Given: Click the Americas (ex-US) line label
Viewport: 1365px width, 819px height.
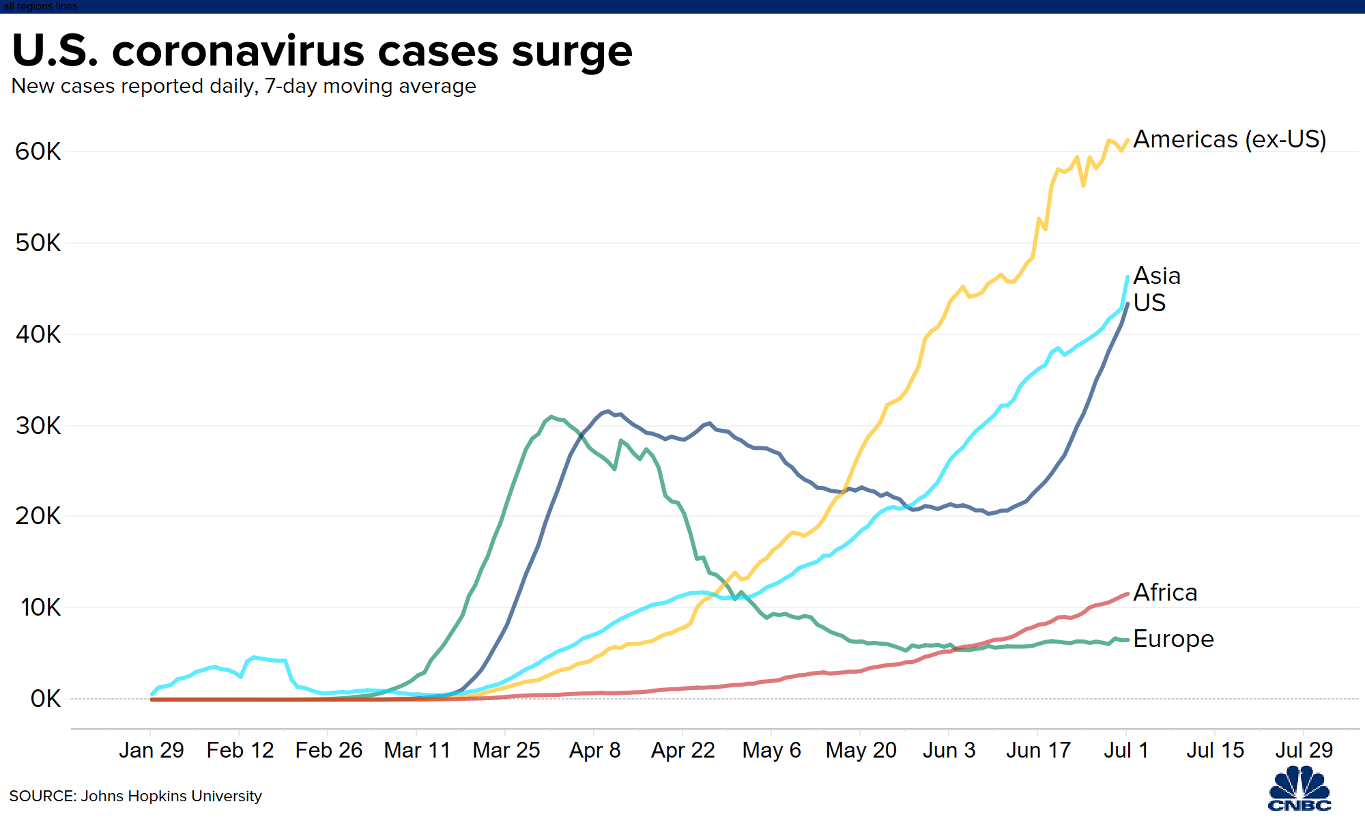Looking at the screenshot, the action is (1229, 139).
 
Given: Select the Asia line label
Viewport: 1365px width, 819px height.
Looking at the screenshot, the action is (1157, 276).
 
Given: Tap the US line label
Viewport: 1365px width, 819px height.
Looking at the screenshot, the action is (1149, 302).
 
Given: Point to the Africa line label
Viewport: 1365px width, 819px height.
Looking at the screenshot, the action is (1165, 592).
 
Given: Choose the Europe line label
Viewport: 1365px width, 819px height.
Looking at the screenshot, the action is (1174, 639).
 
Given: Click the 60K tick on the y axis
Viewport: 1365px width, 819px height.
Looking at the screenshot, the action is (38, 152).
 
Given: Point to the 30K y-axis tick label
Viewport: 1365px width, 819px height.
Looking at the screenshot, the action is (38, 426).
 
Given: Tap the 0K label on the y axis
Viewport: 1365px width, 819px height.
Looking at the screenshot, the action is (46, 699).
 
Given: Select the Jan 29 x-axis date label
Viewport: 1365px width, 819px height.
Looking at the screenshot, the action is (152, 750).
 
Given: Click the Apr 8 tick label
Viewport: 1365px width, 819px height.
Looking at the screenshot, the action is (594, 750).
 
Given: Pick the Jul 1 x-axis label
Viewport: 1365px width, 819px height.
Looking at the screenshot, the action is (1126, 750).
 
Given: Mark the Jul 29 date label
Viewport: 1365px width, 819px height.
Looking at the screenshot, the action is (1304, 750).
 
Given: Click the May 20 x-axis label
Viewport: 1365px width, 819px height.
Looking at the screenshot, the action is (861, 750).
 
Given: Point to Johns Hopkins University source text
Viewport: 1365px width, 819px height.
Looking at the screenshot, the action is (171, 796).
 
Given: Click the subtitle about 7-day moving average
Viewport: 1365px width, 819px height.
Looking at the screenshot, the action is (244, 87).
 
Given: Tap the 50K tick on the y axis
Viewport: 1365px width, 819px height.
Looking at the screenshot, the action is (38, 243).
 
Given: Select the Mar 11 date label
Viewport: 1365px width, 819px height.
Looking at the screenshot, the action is (418, 750).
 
